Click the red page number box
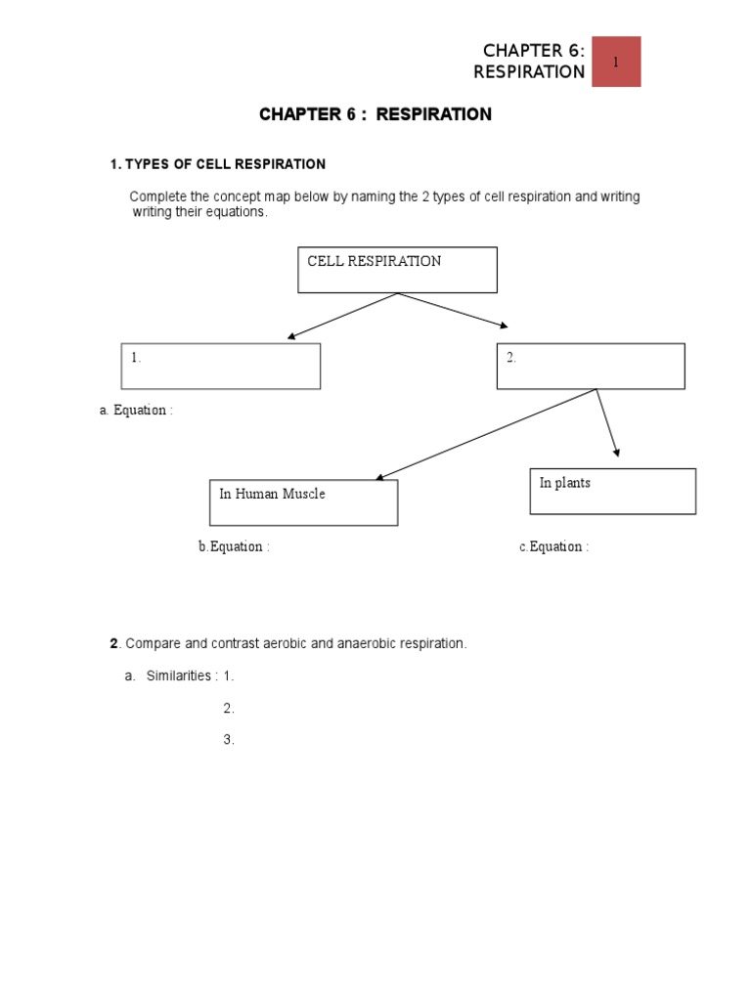tap(616, 62)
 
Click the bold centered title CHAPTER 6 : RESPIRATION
tap(375, 114)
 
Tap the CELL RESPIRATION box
tap(397, 270)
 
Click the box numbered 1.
tap(220, 366)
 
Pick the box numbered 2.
tap(590, 366)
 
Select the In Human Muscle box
tap(303, 502)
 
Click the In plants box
tap(612, 491)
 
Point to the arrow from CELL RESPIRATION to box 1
tap(342, 316)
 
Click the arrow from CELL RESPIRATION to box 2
tap(453, 310)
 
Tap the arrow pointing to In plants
tap(607, 422)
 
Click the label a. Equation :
tap(136, 411)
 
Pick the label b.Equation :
tap(234, 546)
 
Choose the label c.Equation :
tap(553, 546)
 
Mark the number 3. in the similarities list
tap(229, 740)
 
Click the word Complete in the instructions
tap(156, 196)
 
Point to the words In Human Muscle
tap(272, 494)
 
